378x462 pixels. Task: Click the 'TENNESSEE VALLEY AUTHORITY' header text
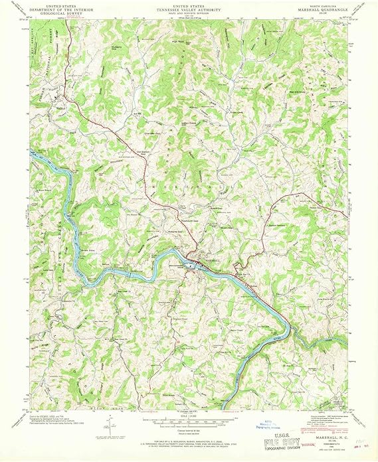tap(189, 11)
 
